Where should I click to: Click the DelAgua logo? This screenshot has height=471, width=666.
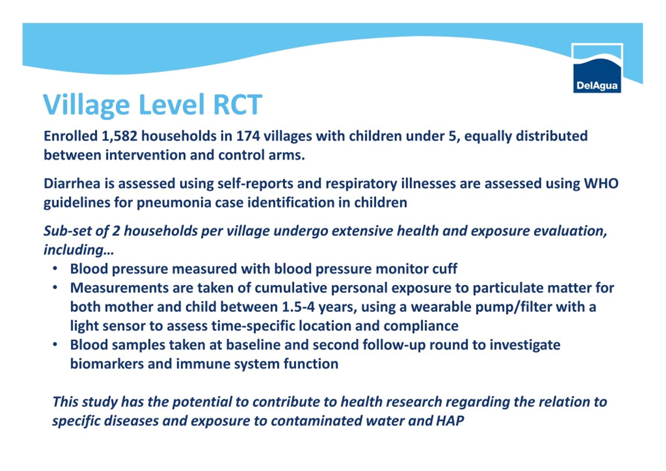597,68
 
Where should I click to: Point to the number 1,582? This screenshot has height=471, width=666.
119,136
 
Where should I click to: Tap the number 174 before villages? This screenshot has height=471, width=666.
248,136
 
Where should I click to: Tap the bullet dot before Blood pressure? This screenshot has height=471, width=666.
55,269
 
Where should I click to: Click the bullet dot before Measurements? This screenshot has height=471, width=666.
55,288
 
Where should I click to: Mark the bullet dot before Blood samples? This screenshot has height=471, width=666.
55,345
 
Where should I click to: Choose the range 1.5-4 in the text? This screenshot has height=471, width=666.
298,307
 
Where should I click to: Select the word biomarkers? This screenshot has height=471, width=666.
107,364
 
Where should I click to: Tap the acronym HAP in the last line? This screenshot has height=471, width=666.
450,421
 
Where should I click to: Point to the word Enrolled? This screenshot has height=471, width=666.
71,136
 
